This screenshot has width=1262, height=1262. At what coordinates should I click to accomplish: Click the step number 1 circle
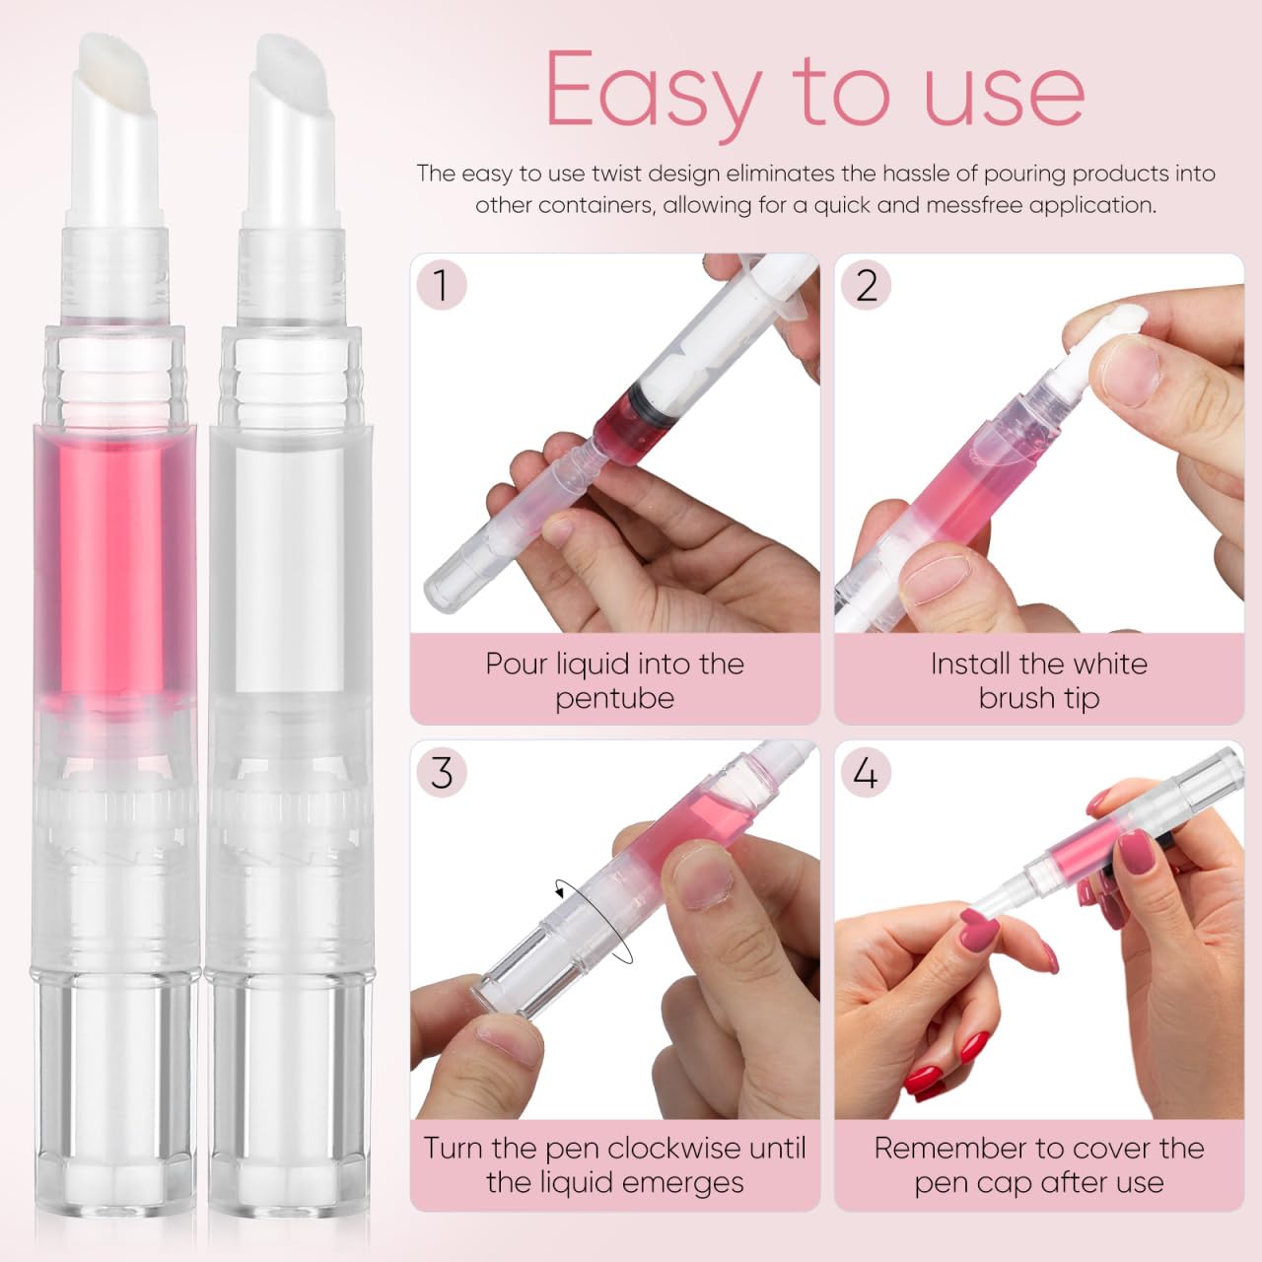tap(441, 285)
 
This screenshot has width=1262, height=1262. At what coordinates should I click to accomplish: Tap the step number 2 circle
tap(866, 285)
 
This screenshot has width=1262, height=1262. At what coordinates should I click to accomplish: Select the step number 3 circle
tap(441, 772)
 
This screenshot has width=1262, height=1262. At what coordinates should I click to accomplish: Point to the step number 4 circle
tap(866, 772)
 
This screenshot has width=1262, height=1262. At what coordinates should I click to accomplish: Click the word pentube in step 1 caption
tap(614, 698)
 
